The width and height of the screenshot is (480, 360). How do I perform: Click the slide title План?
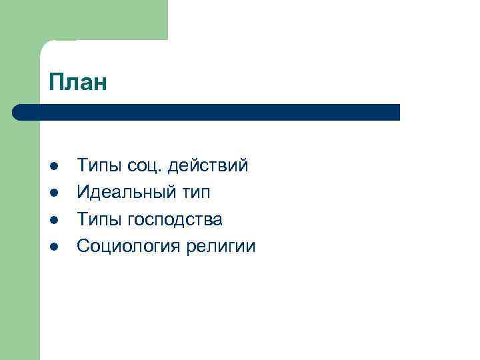[x=77, y=82]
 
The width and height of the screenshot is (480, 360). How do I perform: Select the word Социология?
[x=130, y=246]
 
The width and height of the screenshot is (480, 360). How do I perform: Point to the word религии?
[x=221, y=246]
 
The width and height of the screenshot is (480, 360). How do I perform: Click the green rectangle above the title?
[x=100, y=20]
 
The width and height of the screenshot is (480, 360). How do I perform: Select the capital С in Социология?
[x=83, y=246]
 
